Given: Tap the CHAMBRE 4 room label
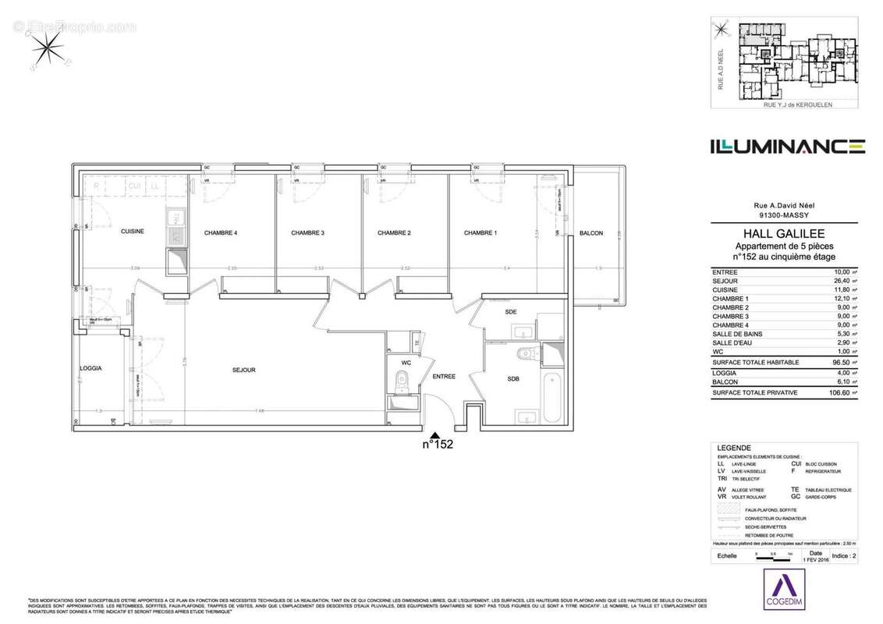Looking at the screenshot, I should tap(221, 232).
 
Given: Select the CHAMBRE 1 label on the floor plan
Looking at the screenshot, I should tap(480, 232).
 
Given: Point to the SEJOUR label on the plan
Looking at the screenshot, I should tap(243, 370).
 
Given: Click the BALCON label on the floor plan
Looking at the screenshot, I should tap(591, 233).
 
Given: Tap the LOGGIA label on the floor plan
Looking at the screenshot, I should tap(92, 368).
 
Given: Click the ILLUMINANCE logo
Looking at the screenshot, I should tap(786, 146).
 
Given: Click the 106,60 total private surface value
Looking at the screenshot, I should tap(835, 393).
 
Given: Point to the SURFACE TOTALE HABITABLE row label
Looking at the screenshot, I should tap(755, 363).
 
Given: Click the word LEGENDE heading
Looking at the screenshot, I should tap(734, 448).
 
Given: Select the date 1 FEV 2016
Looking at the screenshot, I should tap(815, 559).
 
